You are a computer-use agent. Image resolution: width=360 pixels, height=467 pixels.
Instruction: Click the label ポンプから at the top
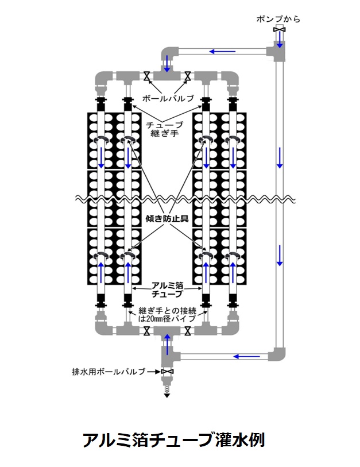pyautogui.click(x=278, y=19)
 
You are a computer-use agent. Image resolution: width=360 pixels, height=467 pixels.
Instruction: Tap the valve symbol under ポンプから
pyautogui.click(x=279, y=30)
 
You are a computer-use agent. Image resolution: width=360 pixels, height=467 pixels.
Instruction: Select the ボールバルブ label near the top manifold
pyautogui.click(x=167, y=98)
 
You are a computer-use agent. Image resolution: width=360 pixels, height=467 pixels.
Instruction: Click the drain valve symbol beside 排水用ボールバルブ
pyautogui.click(x=167, y=372)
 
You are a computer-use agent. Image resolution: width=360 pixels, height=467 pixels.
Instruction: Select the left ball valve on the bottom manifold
pyautogui.click(x=147, y=330)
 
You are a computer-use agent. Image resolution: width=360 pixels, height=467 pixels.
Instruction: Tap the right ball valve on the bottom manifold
pyautogui.click(x=187, y=330)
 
